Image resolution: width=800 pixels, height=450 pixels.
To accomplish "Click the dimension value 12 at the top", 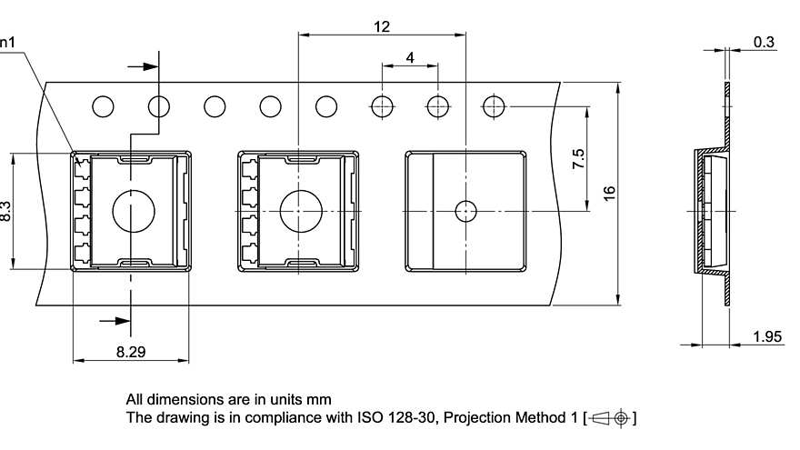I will pyautogui.click(x=381, y=27).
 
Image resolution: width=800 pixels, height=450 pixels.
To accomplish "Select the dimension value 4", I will pyautogui.click(x=410, y=57).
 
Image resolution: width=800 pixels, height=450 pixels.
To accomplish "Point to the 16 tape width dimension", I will pyautogui.click(x=609, y=193).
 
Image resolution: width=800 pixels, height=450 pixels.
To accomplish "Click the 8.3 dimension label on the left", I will pyautogui.click(x=5, y=213).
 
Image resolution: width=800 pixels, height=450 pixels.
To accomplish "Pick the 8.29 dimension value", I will pyautogui.click(x=131, y=350).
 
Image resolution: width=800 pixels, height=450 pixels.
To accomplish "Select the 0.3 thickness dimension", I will pyautogui.click(x=764, y=42).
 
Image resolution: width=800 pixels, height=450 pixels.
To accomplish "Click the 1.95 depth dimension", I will pyautogui.click(x=767, y=336).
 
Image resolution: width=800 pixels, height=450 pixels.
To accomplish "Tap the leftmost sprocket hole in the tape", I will pyautogui.click(x=103, y=106).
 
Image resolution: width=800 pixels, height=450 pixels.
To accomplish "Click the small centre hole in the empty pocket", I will pyautogui.click(x=465, y=211).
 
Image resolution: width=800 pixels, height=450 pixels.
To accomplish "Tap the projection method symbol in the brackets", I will pyautogui.click(x=610, y=418).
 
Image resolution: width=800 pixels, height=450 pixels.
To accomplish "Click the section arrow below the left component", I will pyautogui.click(x=115, y=320).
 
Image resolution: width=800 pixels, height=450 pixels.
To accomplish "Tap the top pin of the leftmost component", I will pyautogui.click(x=82, y=165).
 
